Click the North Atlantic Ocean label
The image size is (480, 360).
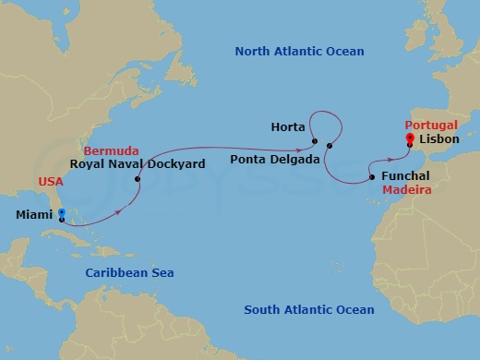[299, 52]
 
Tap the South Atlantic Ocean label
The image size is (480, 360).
[309, 310]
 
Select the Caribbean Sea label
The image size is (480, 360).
[129, 272]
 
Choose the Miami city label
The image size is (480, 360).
[34, 215]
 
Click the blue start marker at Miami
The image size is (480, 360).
[61, 212]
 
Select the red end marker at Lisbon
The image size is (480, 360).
[409, 138]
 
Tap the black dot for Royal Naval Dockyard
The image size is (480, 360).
[138, 179]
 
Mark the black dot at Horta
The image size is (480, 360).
[315, 141]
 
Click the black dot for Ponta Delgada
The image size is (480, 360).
[329, 146]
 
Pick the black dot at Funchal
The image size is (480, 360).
[372, 176]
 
